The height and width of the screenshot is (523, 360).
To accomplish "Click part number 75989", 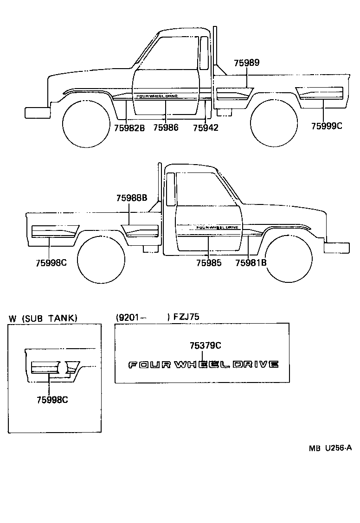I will click(x=246, y=63).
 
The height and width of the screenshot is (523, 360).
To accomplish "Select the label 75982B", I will click(x=129, y=128).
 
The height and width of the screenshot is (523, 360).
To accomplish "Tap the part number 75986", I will click(x=166, y=128).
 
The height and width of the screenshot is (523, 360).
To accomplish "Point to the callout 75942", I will click(x=206, y=128).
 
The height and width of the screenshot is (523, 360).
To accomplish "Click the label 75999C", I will click(x=327, y=126).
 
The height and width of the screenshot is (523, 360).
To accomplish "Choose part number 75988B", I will click(x=132, y=198).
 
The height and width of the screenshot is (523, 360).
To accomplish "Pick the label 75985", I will click(x=209, y=263).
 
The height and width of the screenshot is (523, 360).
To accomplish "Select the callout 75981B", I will click(x=251, y=263).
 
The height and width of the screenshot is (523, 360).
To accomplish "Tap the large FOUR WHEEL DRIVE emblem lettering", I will click(x=203, y=364).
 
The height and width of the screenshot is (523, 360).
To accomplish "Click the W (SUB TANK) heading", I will click(x=43, y=318).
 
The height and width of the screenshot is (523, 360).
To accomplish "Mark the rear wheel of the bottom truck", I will click(x=101, y=260).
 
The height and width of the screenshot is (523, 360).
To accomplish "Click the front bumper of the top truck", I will click(x=37, y=113).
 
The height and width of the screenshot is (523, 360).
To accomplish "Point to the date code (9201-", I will click(x=131, y=318).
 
